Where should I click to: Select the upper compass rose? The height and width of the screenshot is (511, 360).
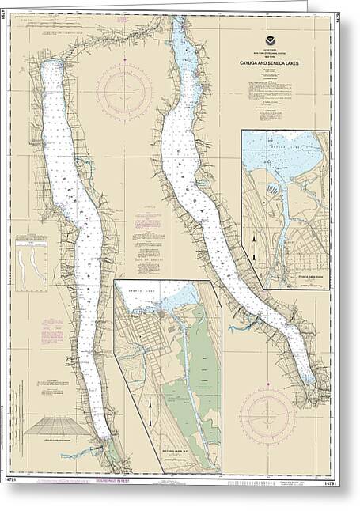124,93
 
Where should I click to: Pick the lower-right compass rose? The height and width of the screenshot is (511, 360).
267,414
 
